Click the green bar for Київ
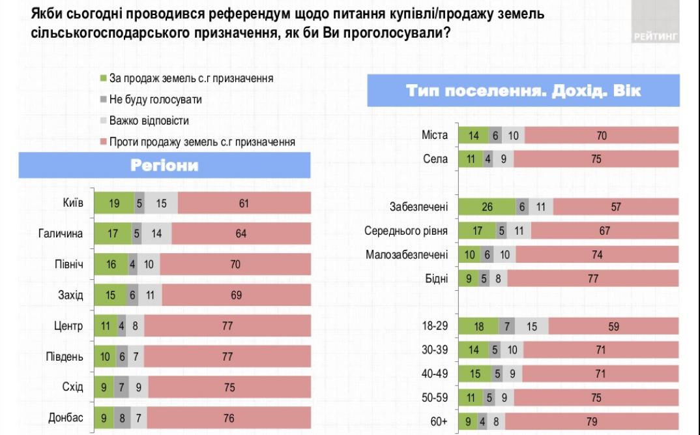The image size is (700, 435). pyautogui.click(x=114, y=203)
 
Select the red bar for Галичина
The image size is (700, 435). pyautogui.click(x=241, y=233)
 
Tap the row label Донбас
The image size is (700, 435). pyautogui.click(x=66, y=418)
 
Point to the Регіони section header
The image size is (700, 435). pyautogui.click(x=164, y=165)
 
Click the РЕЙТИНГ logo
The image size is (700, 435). pyautogui.click(x=656, y=37)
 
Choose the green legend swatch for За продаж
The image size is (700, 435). pyautogui.click(x=103, y=79)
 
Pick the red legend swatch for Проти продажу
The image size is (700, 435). pyautogui.click(x=103, y=142)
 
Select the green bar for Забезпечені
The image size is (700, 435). pyautogui.click(x=487, y=207)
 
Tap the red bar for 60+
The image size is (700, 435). pyautogui.click(x=592, y=421)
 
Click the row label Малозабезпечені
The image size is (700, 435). pyautogui.click(x=407, y=255)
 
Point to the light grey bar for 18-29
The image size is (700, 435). pyautogui.click(x=532, y=326)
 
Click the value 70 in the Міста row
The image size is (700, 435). pyautogui.click(x=601, y=136)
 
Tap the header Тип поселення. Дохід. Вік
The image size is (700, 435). pyautogui.click(x=523, y=91)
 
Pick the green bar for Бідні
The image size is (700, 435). pyautogui.click(x=470, y=278)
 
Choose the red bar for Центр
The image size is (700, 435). pyautogui.click(x=227, y=325)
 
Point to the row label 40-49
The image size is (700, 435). pyautogui.click(x=435, y=374)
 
